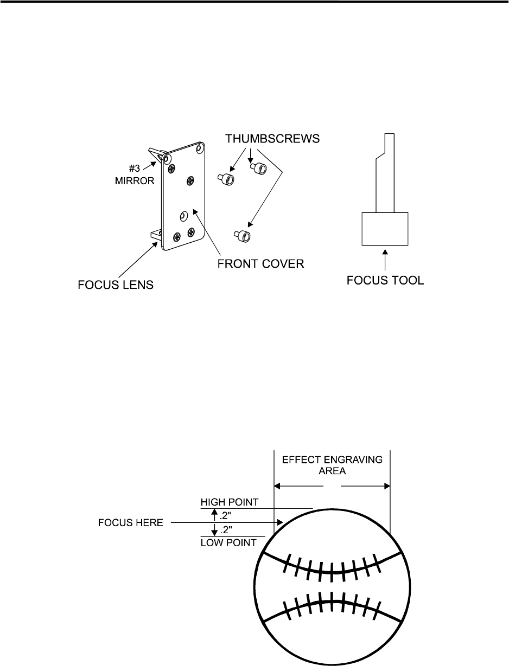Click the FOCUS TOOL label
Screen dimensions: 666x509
pyautogui.click(x=385, y=282)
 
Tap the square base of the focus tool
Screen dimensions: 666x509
pyautogui.click(x=385, y=228)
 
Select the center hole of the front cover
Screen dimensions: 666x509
pyautogui.click(x=183, y=216)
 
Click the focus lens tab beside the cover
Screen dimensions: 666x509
pyautogui.click(x=156, y=235)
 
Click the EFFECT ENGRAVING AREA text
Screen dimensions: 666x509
pyautogui.click(x=332, y=465)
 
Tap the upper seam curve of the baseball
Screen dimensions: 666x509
pyautogui.click(x=332, y=572)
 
